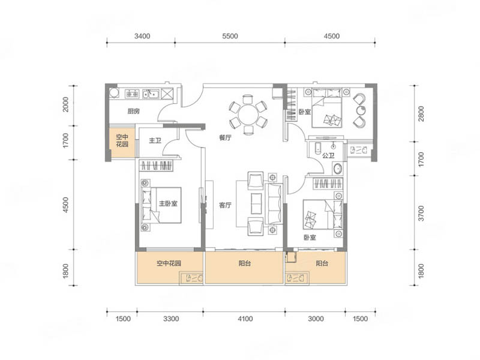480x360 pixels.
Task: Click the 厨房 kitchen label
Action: click(x=133, y=111)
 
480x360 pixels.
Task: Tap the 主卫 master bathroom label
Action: click(x=155, y=140)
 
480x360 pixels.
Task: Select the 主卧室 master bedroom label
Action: click(x=168, y=203)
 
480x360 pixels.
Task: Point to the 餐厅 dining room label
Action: click(x=225, y=138)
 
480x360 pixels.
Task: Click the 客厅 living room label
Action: click(x=225, y=205)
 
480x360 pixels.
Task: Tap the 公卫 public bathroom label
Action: click(x=328, y=155)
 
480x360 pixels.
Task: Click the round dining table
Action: click(x=248, y=115)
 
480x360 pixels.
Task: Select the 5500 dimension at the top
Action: click(x=230, y=36)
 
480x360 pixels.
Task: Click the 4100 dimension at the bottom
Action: click(x=245, y=319)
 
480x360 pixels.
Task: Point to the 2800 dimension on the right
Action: click(x=421, y=113)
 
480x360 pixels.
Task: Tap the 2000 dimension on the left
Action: click(x=65, y=104)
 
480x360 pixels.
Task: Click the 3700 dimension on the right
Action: click(x=421, y=214)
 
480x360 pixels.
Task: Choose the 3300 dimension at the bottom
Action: click(x=171, y=319)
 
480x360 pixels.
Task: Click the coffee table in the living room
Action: click(x=256, y=203)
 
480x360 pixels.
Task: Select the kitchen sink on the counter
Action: click(x=151, y=94)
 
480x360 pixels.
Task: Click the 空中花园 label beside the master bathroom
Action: click(x=122, y=140)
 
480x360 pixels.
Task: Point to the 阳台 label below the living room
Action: click(x=245, y=263)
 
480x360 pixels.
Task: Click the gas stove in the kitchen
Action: click(x=132, y=94)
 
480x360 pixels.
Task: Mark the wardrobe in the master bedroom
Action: click(x=156, y=166)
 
